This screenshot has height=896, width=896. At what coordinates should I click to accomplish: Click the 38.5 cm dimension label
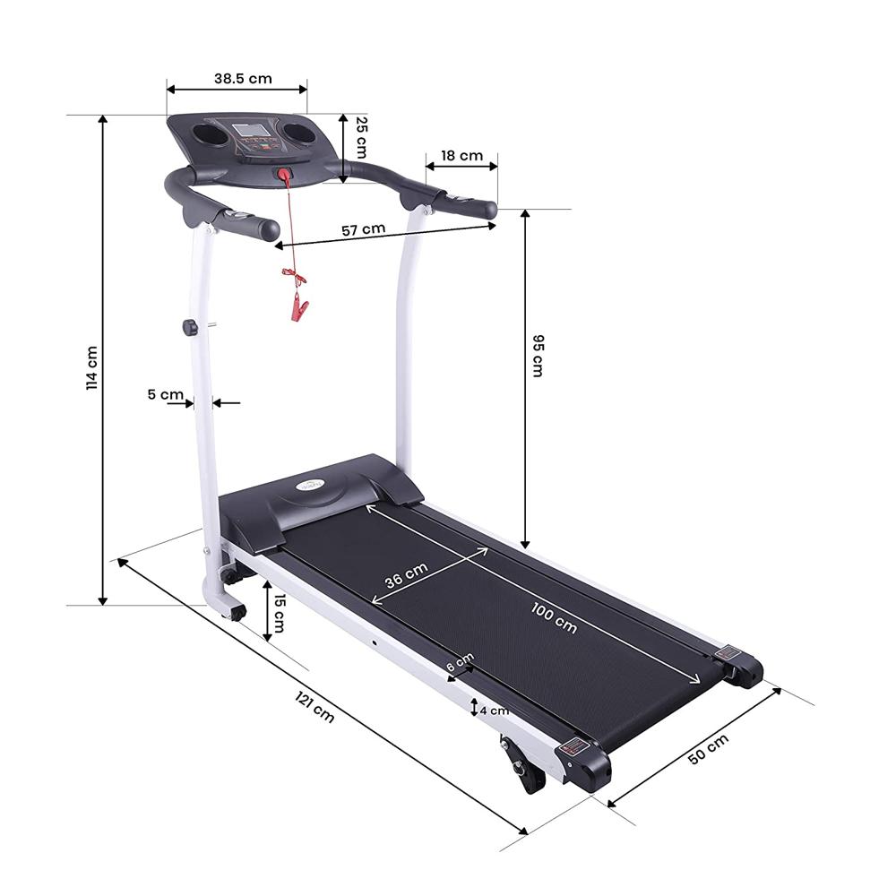(x=242, y=78)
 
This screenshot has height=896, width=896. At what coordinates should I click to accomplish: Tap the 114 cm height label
(x=91, y=366)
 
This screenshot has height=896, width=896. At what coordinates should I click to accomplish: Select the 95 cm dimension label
(x=537, y=356)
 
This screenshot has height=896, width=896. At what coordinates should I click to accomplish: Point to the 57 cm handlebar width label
(x=363, y=229)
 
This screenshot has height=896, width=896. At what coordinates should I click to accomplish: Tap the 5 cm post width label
(x=165, y=394)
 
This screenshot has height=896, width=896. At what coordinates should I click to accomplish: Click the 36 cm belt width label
(x=406, y=574)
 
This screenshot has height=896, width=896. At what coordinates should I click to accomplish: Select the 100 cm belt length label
(x=553, y=618)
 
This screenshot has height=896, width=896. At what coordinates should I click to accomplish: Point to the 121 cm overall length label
(x=314, y=708)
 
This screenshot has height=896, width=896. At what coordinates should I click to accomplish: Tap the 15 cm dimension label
(x=280, y=611)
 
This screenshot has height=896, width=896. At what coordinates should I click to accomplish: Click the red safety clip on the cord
(x=297, y=310)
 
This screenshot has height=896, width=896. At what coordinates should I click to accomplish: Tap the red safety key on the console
(x=284, y=175)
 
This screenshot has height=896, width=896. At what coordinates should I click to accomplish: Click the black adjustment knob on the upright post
(x=190, y=327)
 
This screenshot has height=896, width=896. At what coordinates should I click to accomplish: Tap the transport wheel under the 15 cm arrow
(x=237, y=613)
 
